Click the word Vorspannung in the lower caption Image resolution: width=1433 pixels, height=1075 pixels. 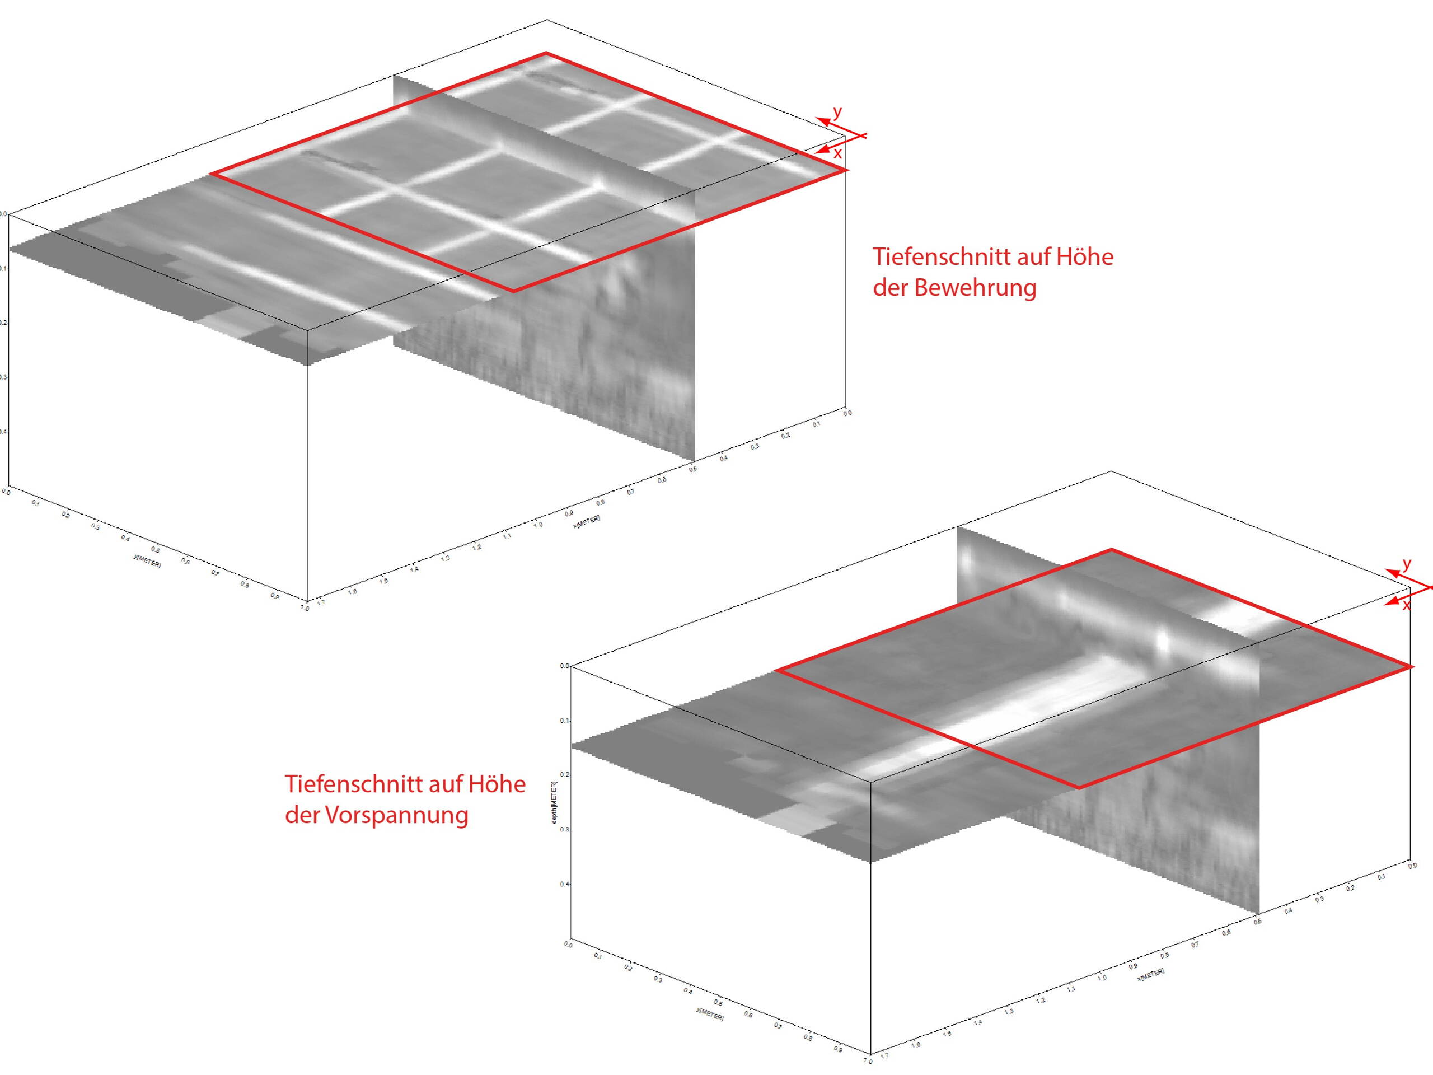pyautogui.click(x=396, y=815)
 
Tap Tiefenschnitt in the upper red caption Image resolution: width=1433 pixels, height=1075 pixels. pyautogui.click(x=940, y=257)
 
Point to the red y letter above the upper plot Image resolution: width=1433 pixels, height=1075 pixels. pyautogui.click(x=837, y=112)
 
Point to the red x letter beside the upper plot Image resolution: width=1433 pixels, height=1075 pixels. pyautogui.click(x=837, y=153)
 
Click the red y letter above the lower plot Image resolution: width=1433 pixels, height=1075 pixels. pyautogui.click(x=1407, y=564)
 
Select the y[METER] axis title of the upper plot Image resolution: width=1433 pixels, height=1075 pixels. pyautogui.click(x=147, y=561)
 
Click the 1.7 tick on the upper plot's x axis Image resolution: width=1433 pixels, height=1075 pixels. pyautogui.click(x=320, y=602)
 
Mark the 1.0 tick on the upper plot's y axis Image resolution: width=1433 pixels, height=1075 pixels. pyautogui.click(x=305, y=608)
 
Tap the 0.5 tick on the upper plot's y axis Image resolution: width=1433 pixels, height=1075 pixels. pyautogui.click(x=156, y=549)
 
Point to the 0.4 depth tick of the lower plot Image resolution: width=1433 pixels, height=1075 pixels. pyautogui.click(x=564, y=885)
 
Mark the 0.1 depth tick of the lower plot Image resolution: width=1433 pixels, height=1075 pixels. pyautogui.click(x=564, y=721)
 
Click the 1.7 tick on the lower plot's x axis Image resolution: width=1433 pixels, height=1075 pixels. pyautogui.click(x=884, y=1056)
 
